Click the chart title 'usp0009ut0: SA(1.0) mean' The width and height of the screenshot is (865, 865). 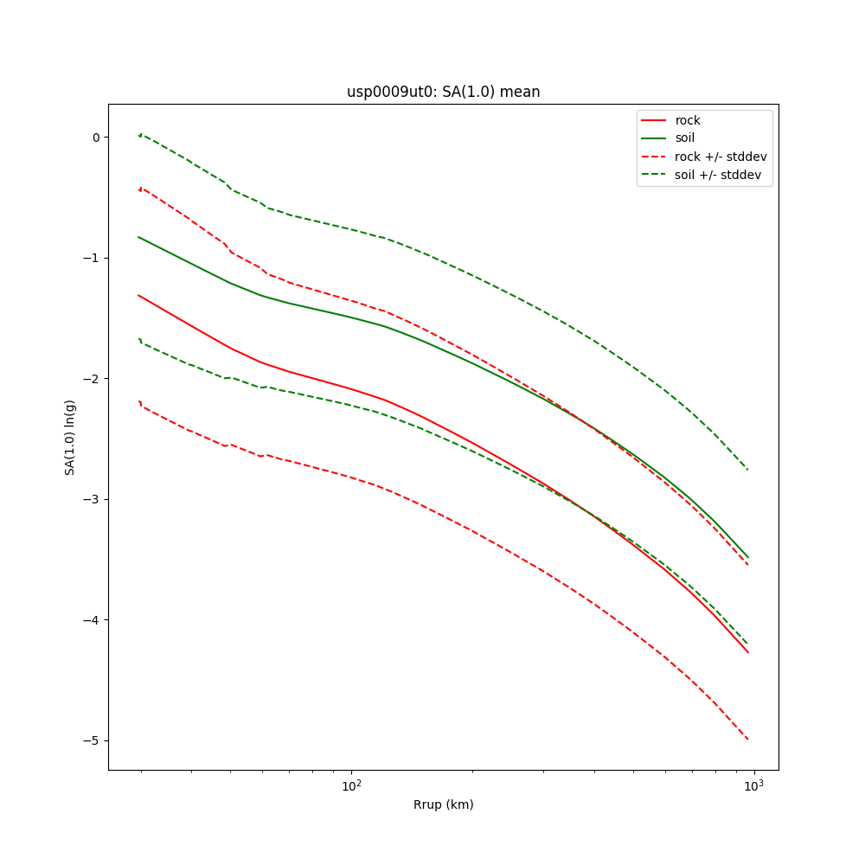point(443,92)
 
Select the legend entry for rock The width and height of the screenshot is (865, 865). point(688,120)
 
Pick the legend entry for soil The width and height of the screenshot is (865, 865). point(684,138)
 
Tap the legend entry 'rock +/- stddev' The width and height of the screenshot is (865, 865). point(721,157)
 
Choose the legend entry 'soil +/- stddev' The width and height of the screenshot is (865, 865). point(720,174)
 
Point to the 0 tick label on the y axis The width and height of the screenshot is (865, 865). point(96,137)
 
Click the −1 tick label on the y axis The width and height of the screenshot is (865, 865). point(93,258)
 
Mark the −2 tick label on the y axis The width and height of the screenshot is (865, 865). point(93,379)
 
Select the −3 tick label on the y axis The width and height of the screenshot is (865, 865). point(93,499)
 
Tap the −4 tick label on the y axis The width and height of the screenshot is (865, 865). point(93,620)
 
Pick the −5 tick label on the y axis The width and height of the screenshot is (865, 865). point(93,740)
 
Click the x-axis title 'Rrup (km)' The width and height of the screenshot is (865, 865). point(443,804)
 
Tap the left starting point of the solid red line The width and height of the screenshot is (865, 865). point(138,295)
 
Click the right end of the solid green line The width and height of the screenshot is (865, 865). point(748,557)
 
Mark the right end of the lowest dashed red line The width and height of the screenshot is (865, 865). point(748,740)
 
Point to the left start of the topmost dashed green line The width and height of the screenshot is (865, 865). point(139,135)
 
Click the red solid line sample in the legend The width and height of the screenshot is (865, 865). point(654,120)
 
